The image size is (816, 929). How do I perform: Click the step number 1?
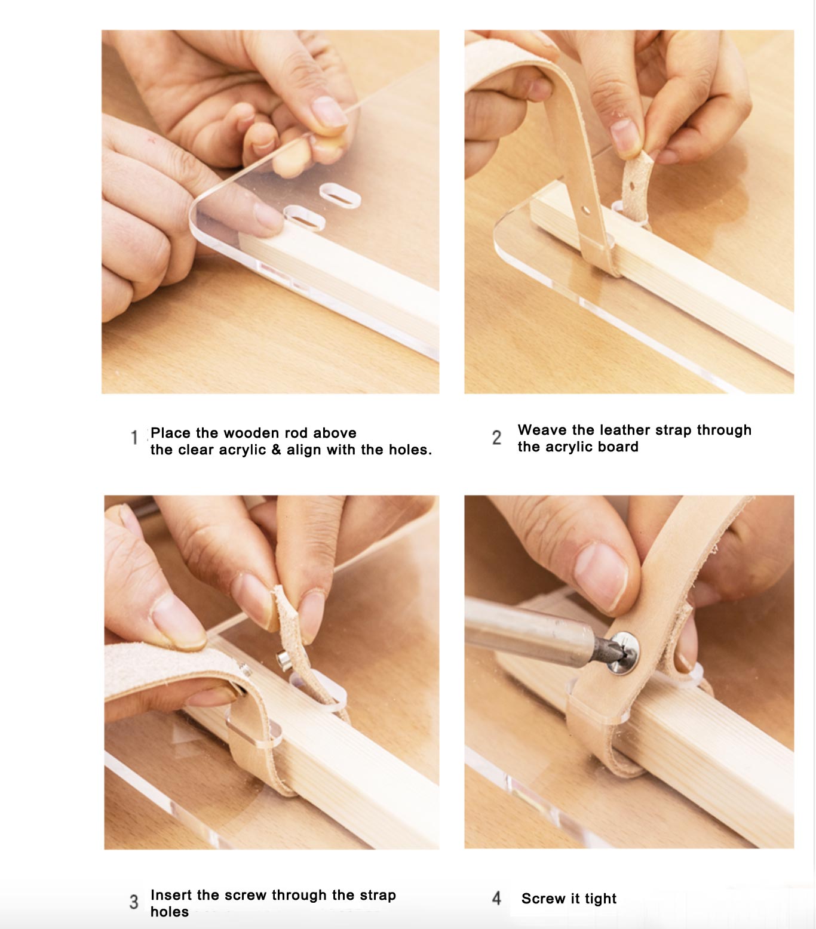[134, 438]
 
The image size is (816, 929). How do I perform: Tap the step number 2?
[496, 438]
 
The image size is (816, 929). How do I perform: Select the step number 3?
[134, 902]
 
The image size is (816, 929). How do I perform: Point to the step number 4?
[496, 898]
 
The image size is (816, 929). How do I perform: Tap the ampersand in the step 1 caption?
[276, 450]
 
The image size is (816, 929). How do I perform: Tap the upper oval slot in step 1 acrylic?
[340, 195]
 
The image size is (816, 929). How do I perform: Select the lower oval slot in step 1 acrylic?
[305, 218]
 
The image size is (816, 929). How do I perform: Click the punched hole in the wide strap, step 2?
[587, 210]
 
